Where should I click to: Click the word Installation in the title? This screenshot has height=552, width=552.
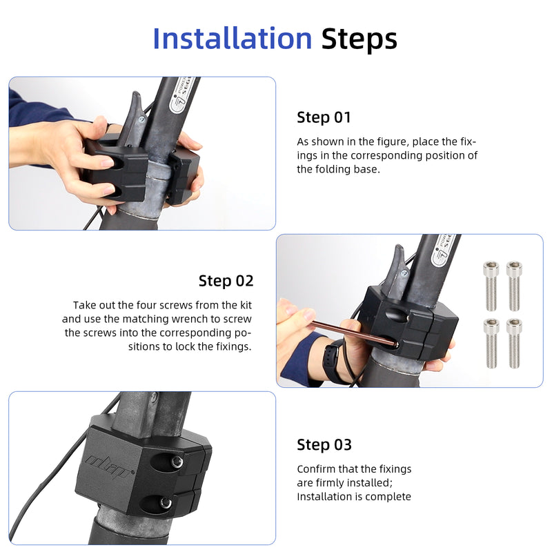[233, 39]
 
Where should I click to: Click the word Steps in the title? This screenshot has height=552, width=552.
[359, 39]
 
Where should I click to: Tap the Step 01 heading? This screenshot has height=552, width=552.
[324, 117]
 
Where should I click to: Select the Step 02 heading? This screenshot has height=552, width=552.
[226, 281]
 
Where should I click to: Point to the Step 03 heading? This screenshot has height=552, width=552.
[324, 444]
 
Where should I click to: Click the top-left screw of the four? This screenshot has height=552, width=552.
[491, 286]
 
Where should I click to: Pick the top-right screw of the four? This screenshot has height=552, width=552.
[514, 286]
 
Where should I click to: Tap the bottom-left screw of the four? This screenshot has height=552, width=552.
[491, 343]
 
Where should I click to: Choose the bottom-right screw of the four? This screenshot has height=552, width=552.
[514, 343]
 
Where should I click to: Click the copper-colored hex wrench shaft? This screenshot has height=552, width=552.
[354, 333]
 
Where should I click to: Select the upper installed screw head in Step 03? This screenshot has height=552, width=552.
[177, 462]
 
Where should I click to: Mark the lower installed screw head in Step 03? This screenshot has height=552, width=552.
[166, 503]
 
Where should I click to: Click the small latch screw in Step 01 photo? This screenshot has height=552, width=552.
[141, 119]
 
